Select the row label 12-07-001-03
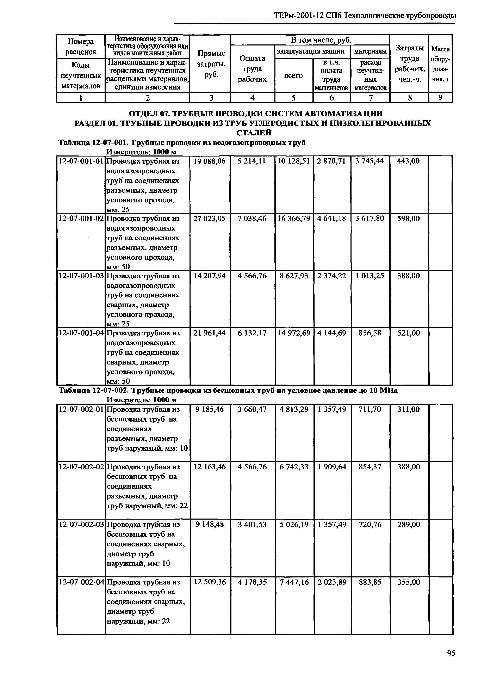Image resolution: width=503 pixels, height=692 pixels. pyautogui.click(x=81, y=276)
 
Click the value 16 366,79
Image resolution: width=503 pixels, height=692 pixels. pyautogui.click(x=294, y=219)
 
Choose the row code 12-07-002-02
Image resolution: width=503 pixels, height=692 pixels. pyautogui.click(x=81, y=467)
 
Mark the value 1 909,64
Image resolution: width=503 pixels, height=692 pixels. pyautogui.click(x=332, y=467)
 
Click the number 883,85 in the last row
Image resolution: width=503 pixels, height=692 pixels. pyautogui.click(x=370, y=582)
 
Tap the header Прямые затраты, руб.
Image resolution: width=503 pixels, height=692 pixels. pyautogui.click(x=211, y=64)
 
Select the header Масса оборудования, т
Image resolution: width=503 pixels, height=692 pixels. pyautogui.click(x=440, y=64)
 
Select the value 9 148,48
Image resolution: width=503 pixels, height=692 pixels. pyautogui.click(x=209, y=525)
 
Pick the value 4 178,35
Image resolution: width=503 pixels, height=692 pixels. pyautogui.click(x=252, y=582)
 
